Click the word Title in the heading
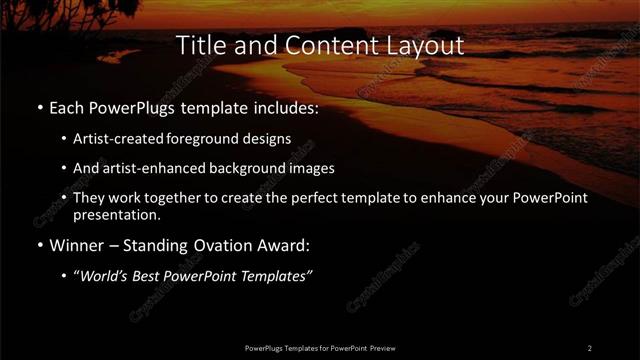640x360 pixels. (x=200, y=45)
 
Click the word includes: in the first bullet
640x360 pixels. (x=283, y=106)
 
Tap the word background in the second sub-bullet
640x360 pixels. (x=247, y=168)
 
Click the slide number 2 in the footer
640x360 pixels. (x=590, y=347)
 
